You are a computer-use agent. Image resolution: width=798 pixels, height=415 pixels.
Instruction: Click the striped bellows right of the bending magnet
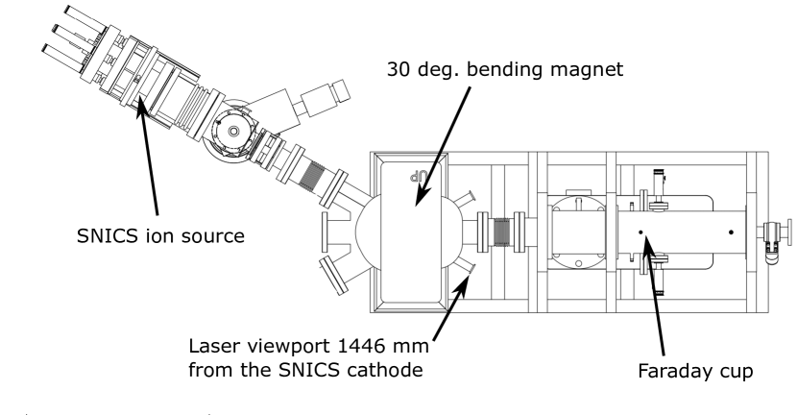point(501,232)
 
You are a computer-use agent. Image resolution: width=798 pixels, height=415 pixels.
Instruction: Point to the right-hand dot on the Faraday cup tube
point(732,232)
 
